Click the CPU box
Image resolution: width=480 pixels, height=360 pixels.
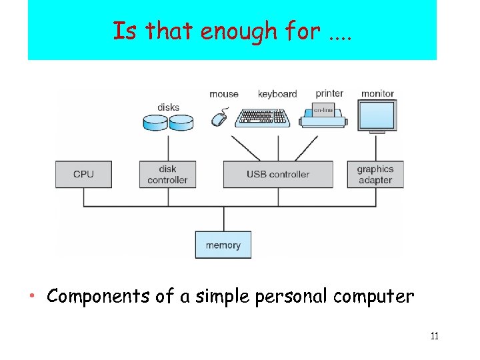pos(83,174)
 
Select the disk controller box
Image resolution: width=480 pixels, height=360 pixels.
pos(167,174)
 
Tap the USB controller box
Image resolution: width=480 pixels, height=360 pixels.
pos(278,174)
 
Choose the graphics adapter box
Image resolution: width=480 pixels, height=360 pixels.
pos(375,174)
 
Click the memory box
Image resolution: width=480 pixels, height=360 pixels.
pos(223,245)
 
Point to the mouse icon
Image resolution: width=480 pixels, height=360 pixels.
pos(219,119)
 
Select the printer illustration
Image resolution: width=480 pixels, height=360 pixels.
pos(323,115)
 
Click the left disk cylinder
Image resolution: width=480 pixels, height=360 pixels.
pos(155,122)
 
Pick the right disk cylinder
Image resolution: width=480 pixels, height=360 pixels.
pos(181,122)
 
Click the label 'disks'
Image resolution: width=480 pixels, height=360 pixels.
pos(168,107)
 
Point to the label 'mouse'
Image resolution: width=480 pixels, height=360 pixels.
pos(224,94)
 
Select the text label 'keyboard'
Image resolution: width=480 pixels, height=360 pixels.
pos(277,94)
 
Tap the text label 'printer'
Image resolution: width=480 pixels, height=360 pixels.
pos(329,93)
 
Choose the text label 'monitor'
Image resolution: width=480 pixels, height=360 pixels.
pos(377,93)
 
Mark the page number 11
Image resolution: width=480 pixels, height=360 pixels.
pos(434,336)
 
